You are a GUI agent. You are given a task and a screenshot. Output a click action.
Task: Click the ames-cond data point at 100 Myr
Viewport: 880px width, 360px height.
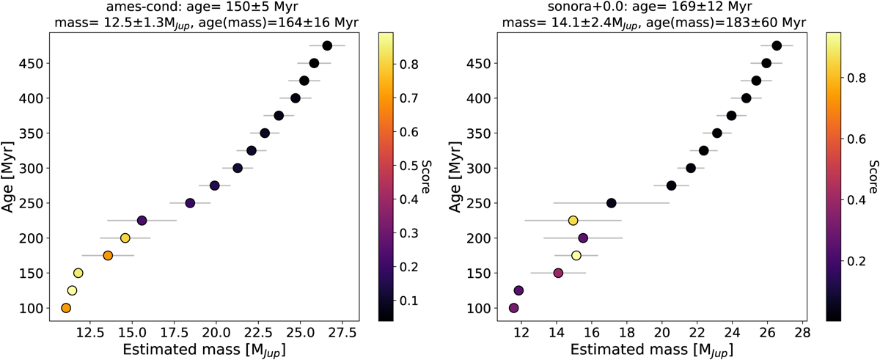pos(66,308)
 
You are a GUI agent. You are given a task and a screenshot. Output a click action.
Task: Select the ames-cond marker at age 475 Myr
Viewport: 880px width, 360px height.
pos(327,45)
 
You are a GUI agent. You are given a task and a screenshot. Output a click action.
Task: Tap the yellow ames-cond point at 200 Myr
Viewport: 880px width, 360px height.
pos(125,238)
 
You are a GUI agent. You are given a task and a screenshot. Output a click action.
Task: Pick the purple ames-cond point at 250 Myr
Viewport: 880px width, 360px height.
pos(190,203)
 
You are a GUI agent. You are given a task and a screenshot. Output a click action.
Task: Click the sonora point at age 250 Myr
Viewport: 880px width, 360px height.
pos(612,203)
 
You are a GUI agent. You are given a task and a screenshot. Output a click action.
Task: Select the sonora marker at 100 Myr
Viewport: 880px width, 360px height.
pos(514,308)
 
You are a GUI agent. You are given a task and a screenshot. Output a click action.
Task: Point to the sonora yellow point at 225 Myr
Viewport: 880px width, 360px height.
pos(573,220)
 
